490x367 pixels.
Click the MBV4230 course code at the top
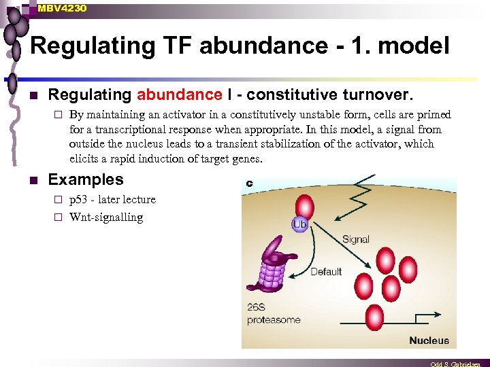62,7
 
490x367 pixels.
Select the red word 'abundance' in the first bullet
179,95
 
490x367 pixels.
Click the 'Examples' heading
86,180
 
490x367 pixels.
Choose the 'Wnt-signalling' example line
106,217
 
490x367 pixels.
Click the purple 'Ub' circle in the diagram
299,224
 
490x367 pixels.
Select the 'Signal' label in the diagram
355,239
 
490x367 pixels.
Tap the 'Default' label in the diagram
326,272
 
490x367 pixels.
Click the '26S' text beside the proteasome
257,307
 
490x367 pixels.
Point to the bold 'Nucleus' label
429,340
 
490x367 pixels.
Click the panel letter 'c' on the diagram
249,183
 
